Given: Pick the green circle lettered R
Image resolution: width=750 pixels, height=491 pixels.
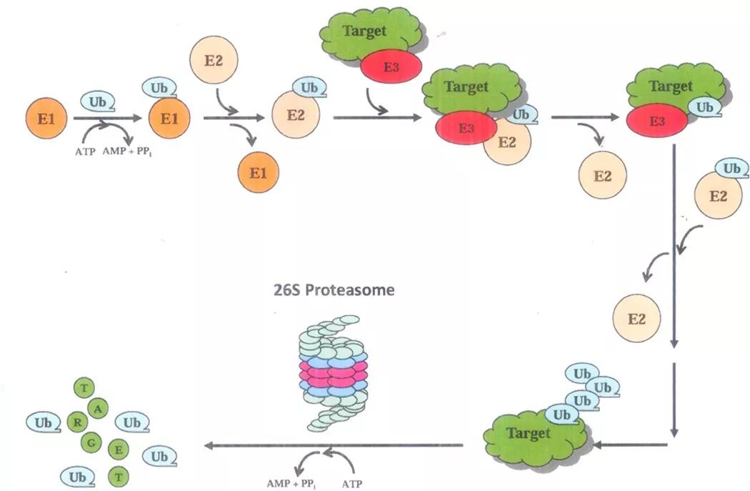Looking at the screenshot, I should click(x=76, y=422).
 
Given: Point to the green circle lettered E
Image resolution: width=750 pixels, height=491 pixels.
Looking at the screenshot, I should click(x=118, y=452).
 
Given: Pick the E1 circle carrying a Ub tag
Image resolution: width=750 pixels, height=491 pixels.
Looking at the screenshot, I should click(x=169, y=119).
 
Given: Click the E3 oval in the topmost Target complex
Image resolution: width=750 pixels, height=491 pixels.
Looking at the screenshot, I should click(x=391, y=66).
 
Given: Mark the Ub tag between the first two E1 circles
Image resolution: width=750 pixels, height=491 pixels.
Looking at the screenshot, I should click(x=101, y=102).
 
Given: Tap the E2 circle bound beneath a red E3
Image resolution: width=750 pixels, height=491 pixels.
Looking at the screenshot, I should click(x=506, y=142).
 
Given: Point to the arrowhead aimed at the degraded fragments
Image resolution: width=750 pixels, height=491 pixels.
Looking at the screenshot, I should click(x=208, y=446).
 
